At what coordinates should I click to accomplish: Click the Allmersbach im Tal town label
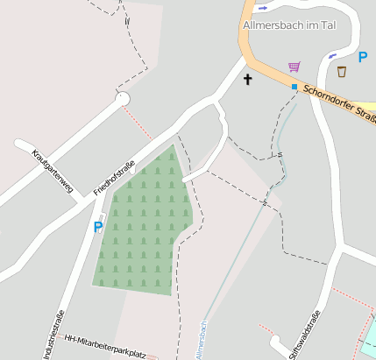tap(287, 25)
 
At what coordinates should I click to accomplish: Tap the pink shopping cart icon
tap(294, 67)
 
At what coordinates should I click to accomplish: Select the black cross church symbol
tap(247, 81)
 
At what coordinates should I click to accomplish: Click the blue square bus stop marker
tap(294, 87)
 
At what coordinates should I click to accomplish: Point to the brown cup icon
tap(342, 71)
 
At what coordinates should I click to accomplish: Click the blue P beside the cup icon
tap(363, 56)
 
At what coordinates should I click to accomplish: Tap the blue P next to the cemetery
tap(98, 227)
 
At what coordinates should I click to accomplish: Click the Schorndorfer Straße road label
tap(338, 103)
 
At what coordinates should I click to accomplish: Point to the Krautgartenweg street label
tap(53, 169)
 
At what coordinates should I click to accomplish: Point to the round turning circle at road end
tap(123, 99)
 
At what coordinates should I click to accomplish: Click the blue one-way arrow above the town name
tap(264, 8)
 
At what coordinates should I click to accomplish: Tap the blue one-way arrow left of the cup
tap(330, 56)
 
